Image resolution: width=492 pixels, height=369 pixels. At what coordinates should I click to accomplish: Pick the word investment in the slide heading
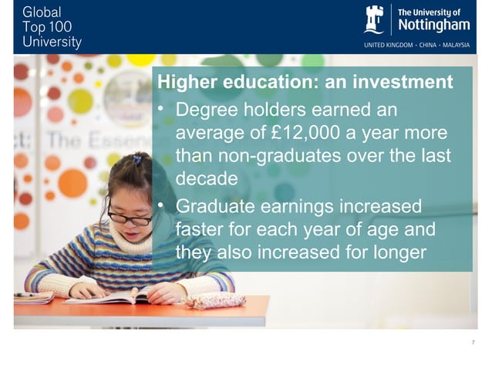403,82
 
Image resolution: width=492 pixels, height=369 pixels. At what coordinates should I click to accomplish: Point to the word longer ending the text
394,252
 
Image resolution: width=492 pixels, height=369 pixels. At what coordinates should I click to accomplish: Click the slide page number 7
472,342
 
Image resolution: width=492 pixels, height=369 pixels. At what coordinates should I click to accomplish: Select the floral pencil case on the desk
214,300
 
